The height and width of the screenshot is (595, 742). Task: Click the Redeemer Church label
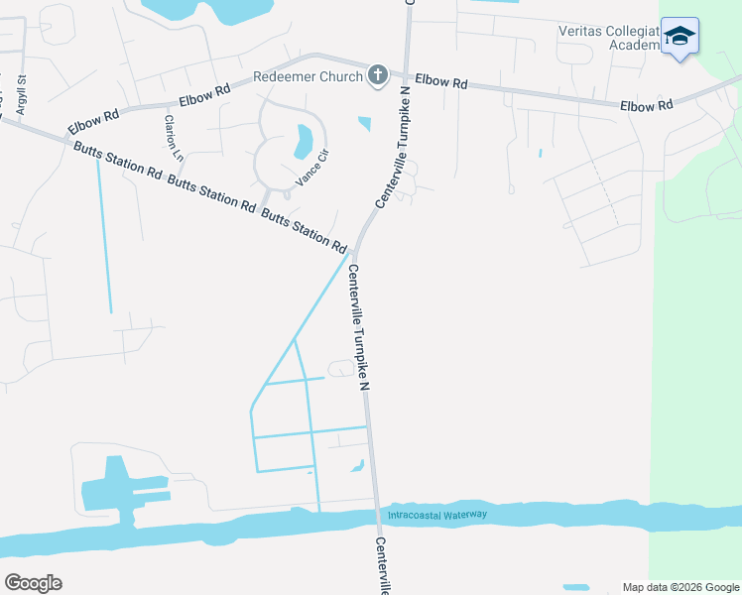308,76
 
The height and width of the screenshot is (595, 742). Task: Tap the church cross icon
377,75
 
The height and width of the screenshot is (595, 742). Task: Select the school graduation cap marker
680,37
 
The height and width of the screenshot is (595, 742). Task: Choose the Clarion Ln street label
174,138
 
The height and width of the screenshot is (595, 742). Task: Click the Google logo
33,583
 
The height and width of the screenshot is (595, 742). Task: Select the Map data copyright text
680,587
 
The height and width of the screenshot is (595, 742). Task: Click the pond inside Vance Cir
304,142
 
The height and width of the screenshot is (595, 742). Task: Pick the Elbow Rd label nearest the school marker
647,104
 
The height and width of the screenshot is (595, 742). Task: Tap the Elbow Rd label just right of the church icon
440,82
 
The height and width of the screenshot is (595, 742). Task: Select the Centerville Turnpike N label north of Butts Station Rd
392,147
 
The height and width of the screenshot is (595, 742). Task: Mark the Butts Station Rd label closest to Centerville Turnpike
304,229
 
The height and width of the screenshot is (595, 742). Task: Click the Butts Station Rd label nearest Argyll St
117,159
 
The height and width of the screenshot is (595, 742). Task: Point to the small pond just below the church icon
364,124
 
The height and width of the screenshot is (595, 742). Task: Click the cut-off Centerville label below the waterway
382,566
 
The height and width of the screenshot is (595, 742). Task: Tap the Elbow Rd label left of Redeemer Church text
204,95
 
